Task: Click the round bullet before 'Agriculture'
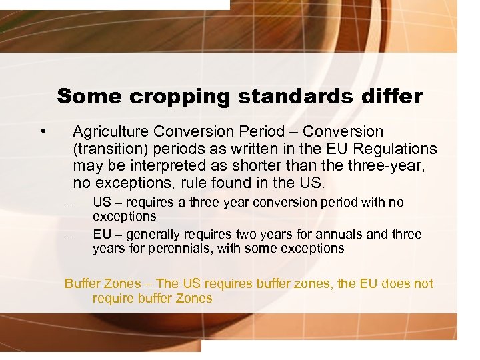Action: pyautogui.click(x=43, y=129)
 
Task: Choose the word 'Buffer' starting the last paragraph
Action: pyautogui.click(x=83, y=283)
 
